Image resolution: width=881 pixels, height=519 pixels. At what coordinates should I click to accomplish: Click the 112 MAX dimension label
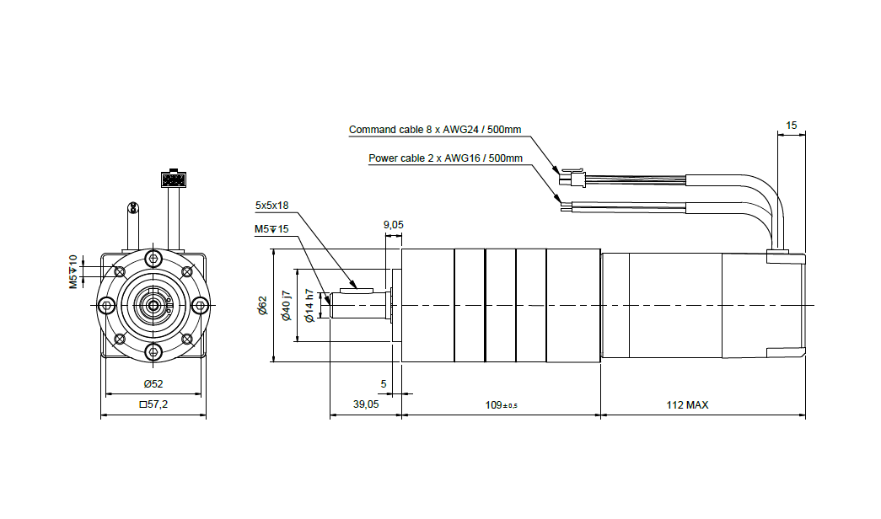pos(687,405)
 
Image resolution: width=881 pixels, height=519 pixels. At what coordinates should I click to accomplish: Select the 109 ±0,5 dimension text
pos(501,405)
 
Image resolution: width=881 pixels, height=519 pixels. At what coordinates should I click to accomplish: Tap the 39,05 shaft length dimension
pos(365,405)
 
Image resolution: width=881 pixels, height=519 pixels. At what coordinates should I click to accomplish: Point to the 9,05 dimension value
pos(394,224)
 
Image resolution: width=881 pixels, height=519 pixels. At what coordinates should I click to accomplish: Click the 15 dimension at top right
pos(791,126)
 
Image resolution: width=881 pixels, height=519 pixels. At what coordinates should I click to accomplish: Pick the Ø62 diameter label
pos(262,306)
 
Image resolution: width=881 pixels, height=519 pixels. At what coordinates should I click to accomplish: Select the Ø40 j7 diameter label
pos(286,306)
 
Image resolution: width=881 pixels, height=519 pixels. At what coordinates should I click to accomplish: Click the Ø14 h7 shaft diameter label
pos(309,306)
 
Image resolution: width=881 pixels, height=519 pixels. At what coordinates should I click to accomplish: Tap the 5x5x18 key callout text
pos(271,205)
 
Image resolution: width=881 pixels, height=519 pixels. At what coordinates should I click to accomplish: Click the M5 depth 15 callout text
pos(271,229)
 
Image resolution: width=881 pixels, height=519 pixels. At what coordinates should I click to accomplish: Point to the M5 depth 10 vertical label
pos(73,270)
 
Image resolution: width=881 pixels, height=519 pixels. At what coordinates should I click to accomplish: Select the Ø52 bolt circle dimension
pos(153,384)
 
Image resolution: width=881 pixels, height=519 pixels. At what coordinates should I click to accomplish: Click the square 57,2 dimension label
pos(153,405)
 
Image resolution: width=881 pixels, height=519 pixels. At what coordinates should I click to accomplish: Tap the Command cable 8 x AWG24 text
pos(435,130)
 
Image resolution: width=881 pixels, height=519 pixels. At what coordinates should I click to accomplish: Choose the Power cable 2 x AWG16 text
pos(445,158)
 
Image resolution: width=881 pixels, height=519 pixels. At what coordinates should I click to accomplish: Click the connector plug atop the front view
pos(174,179)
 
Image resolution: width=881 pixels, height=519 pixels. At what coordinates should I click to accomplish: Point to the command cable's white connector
pos(572,179)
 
